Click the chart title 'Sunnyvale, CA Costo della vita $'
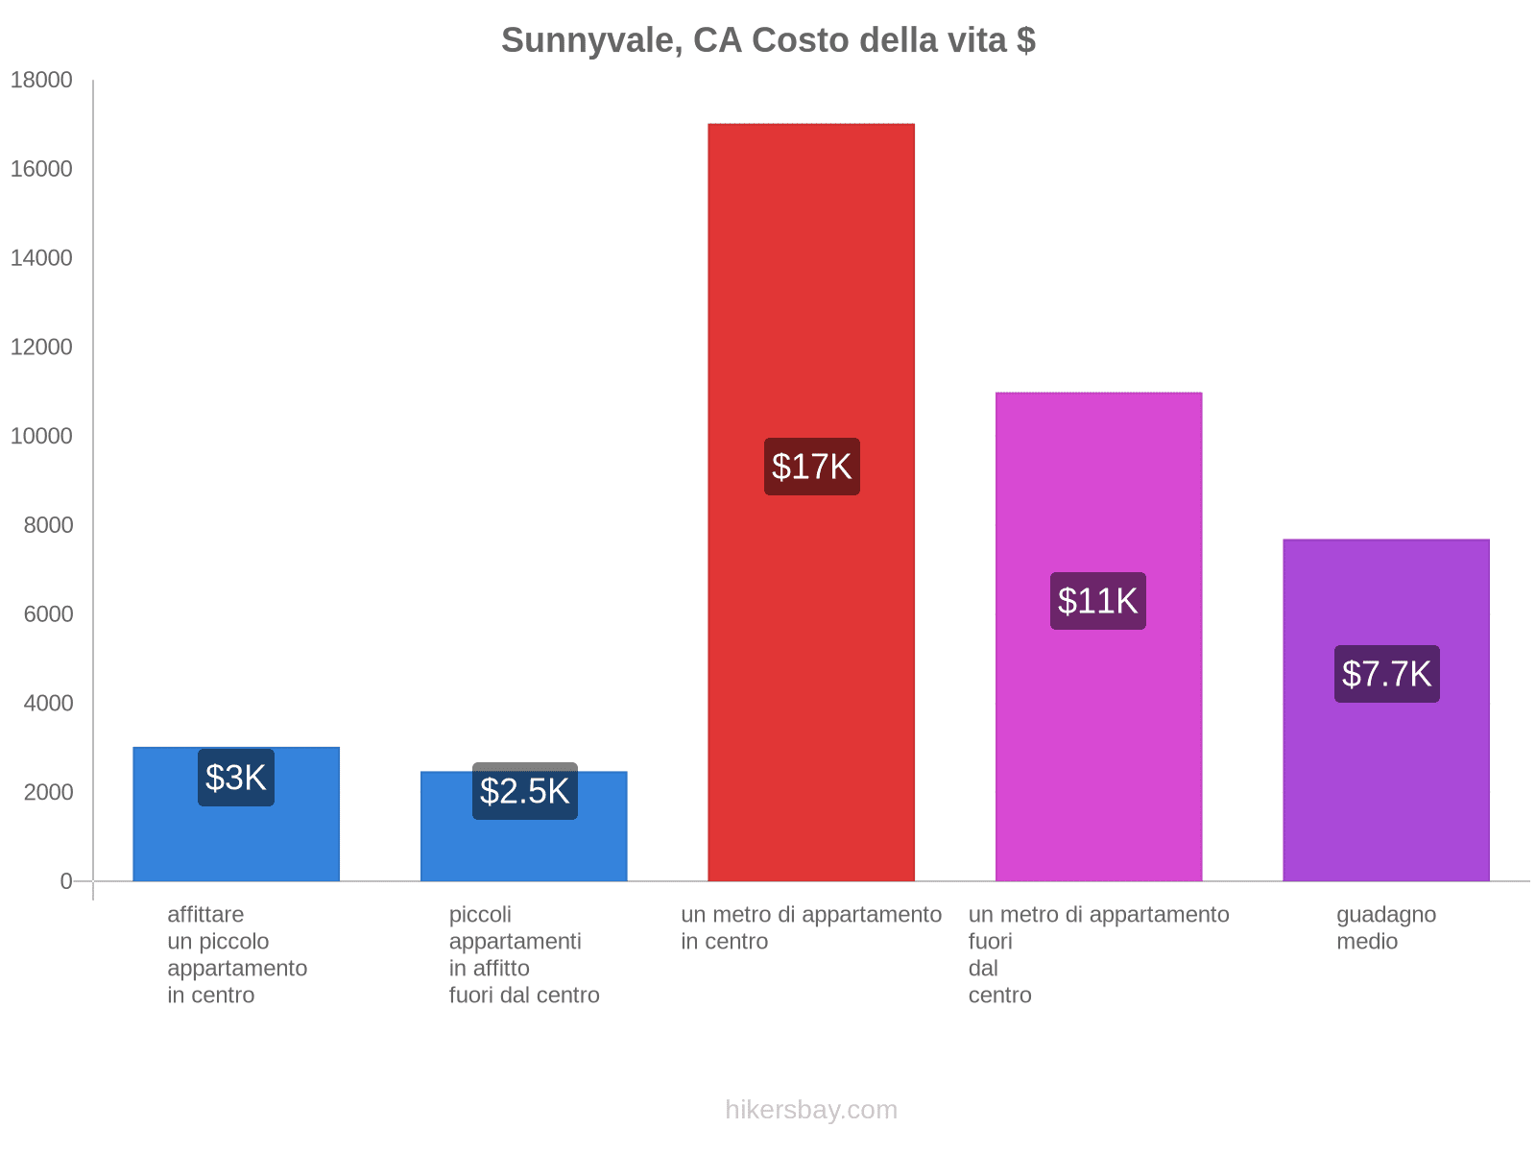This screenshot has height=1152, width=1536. [x=768, y=40]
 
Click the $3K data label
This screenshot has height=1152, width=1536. [x=236, y=778]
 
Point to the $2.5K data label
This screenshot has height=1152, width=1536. [x=524, y=791]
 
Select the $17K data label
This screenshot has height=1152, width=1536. [x=812, y=467]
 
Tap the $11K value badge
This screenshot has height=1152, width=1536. [x=1098, y=601]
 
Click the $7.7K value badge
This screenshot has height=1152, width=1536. [x=1386, y=674]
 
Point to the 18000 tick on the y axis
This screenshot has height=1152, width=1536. [x=41, y=80]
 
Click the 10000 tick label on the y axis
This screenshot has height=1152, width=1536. [x=41, y=436]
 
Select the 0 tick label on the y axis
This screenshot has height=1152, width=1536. [x=65, y=881]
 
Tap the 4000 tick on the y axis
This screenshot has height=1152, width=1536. [x=48, y=703]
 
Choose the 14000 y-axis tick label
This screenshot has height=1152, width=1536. [x=41, y=257]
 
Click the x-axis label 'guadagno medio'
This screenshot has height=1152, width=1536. [x=1385, y=927]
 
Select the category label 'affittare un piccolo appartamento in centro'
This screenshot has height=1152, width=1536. [x=236, y=954]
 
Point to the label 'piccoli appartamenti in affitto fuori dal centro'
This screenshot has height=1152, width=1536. [x=523, y=954]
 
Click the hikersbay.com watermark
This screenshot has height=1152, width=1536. [x=811, y=1110]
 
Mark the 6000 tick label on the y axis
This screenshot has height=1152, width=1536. [x=48, y=613]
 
